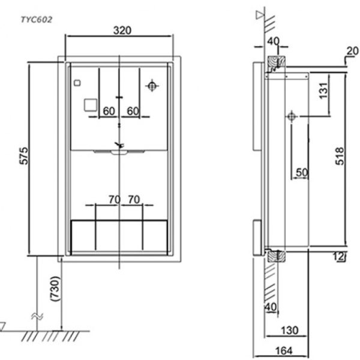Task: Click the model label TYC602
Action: coord(37,20)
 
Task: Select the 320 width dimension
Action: coord(122,30)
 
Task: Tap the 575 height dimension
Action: coord(23,156)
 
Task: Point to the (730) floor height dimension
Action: coord(55,289)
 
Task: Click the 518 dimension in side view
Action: coord(340,156)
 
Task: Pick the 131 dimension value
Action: coord(323,91)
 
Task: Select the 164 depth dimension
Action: coord(284,350)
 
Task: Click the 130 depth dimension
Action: coord(290,331)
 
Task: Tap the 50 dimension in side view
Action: coord(302,172)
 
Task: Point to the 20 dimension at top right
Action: coord(352,51)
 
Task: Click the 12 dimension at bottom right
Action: coord(339,256)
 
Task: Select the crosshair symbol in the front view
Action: coord(152,86)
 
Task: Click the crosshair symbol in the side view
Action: coord(292,116)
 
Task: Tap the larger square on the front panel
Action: coord(91,105)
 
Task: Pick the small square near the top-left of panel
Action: coord(77,83)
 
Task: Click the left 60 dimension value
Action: coord(109,111)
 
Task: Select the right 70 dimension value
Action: coord(134,200)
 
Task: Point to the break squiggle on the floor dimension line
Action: coord(37,317)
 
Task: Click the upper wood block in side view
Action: coord(277,64)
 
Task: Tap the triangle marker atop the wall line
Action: coord(260,15)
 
